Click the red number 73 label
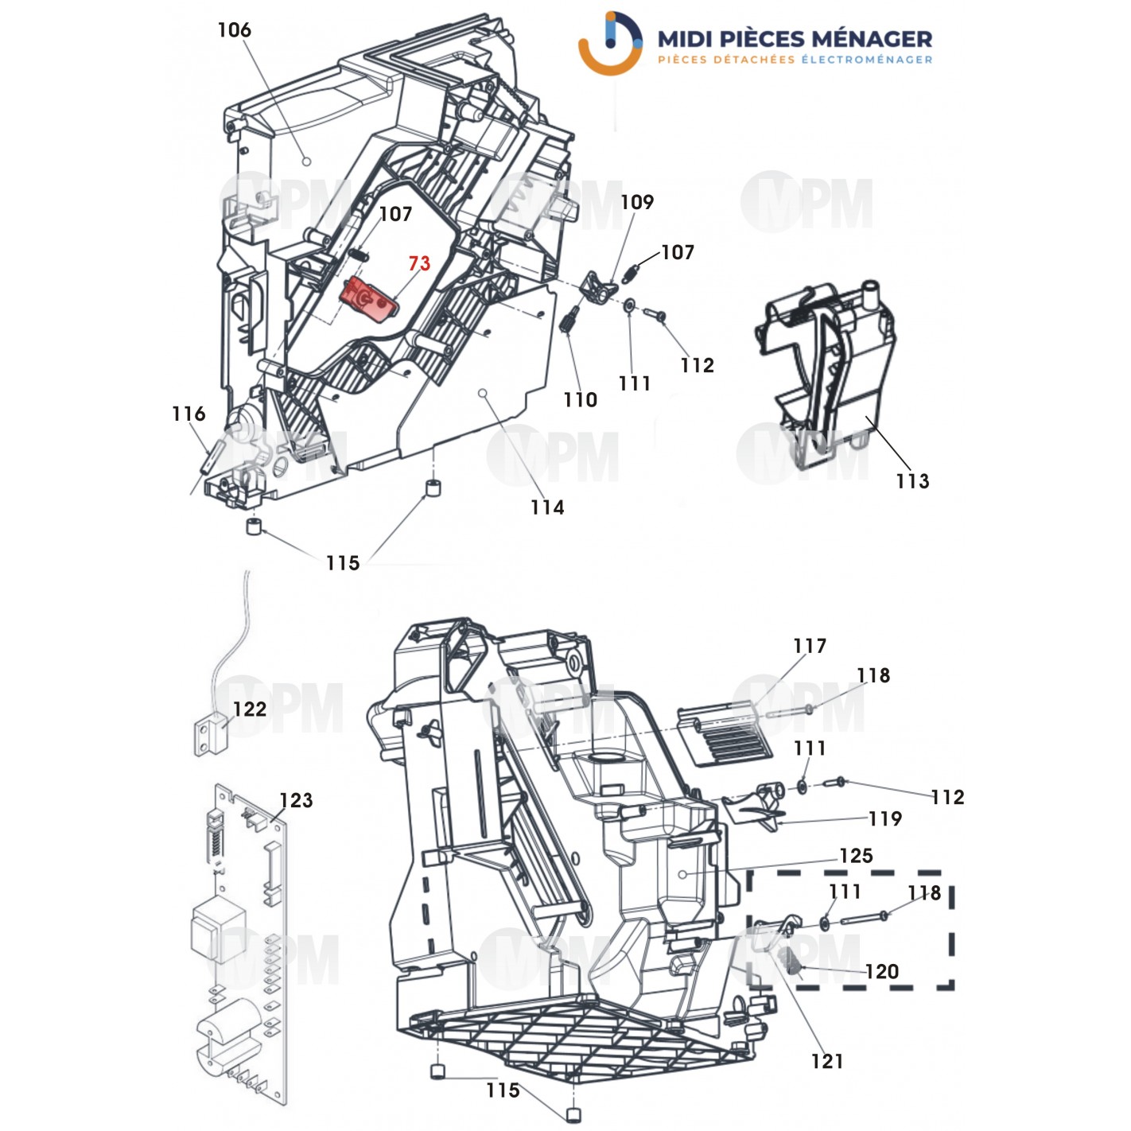419,263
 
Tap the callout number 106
234,30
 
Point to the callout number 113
911,481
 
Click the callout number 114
547,507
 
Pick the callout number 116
188,414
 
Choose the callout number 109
636,202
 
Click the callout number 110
580,400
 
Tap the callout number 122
249,709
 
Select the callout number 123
296,800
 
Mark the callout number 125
856,856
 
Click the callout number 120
881,971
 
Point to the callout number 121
827,1061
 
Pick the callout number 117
810,646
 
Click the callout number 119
885,818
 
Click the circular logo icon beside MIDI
610,44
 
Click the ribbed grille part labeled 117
724,736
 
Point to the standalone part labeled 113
827,374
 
